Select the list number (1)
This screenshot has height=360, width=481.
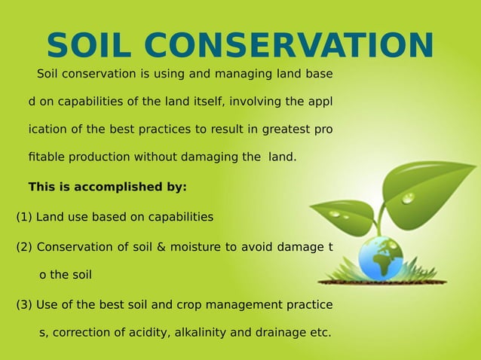pyautogui.click(x=24, y=217)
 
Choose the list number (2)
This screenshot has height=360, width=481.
pyautogui.click(x=24, y=246)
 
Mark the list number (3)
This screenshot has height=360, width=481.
pyautogui.click(x=24, y=304)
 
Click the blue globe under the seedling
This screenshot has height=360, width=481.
pyautogui.click(x=381, y=258)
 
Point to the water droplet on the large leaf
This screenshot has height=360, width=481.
pyautogui.click(x=408, y=197)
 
